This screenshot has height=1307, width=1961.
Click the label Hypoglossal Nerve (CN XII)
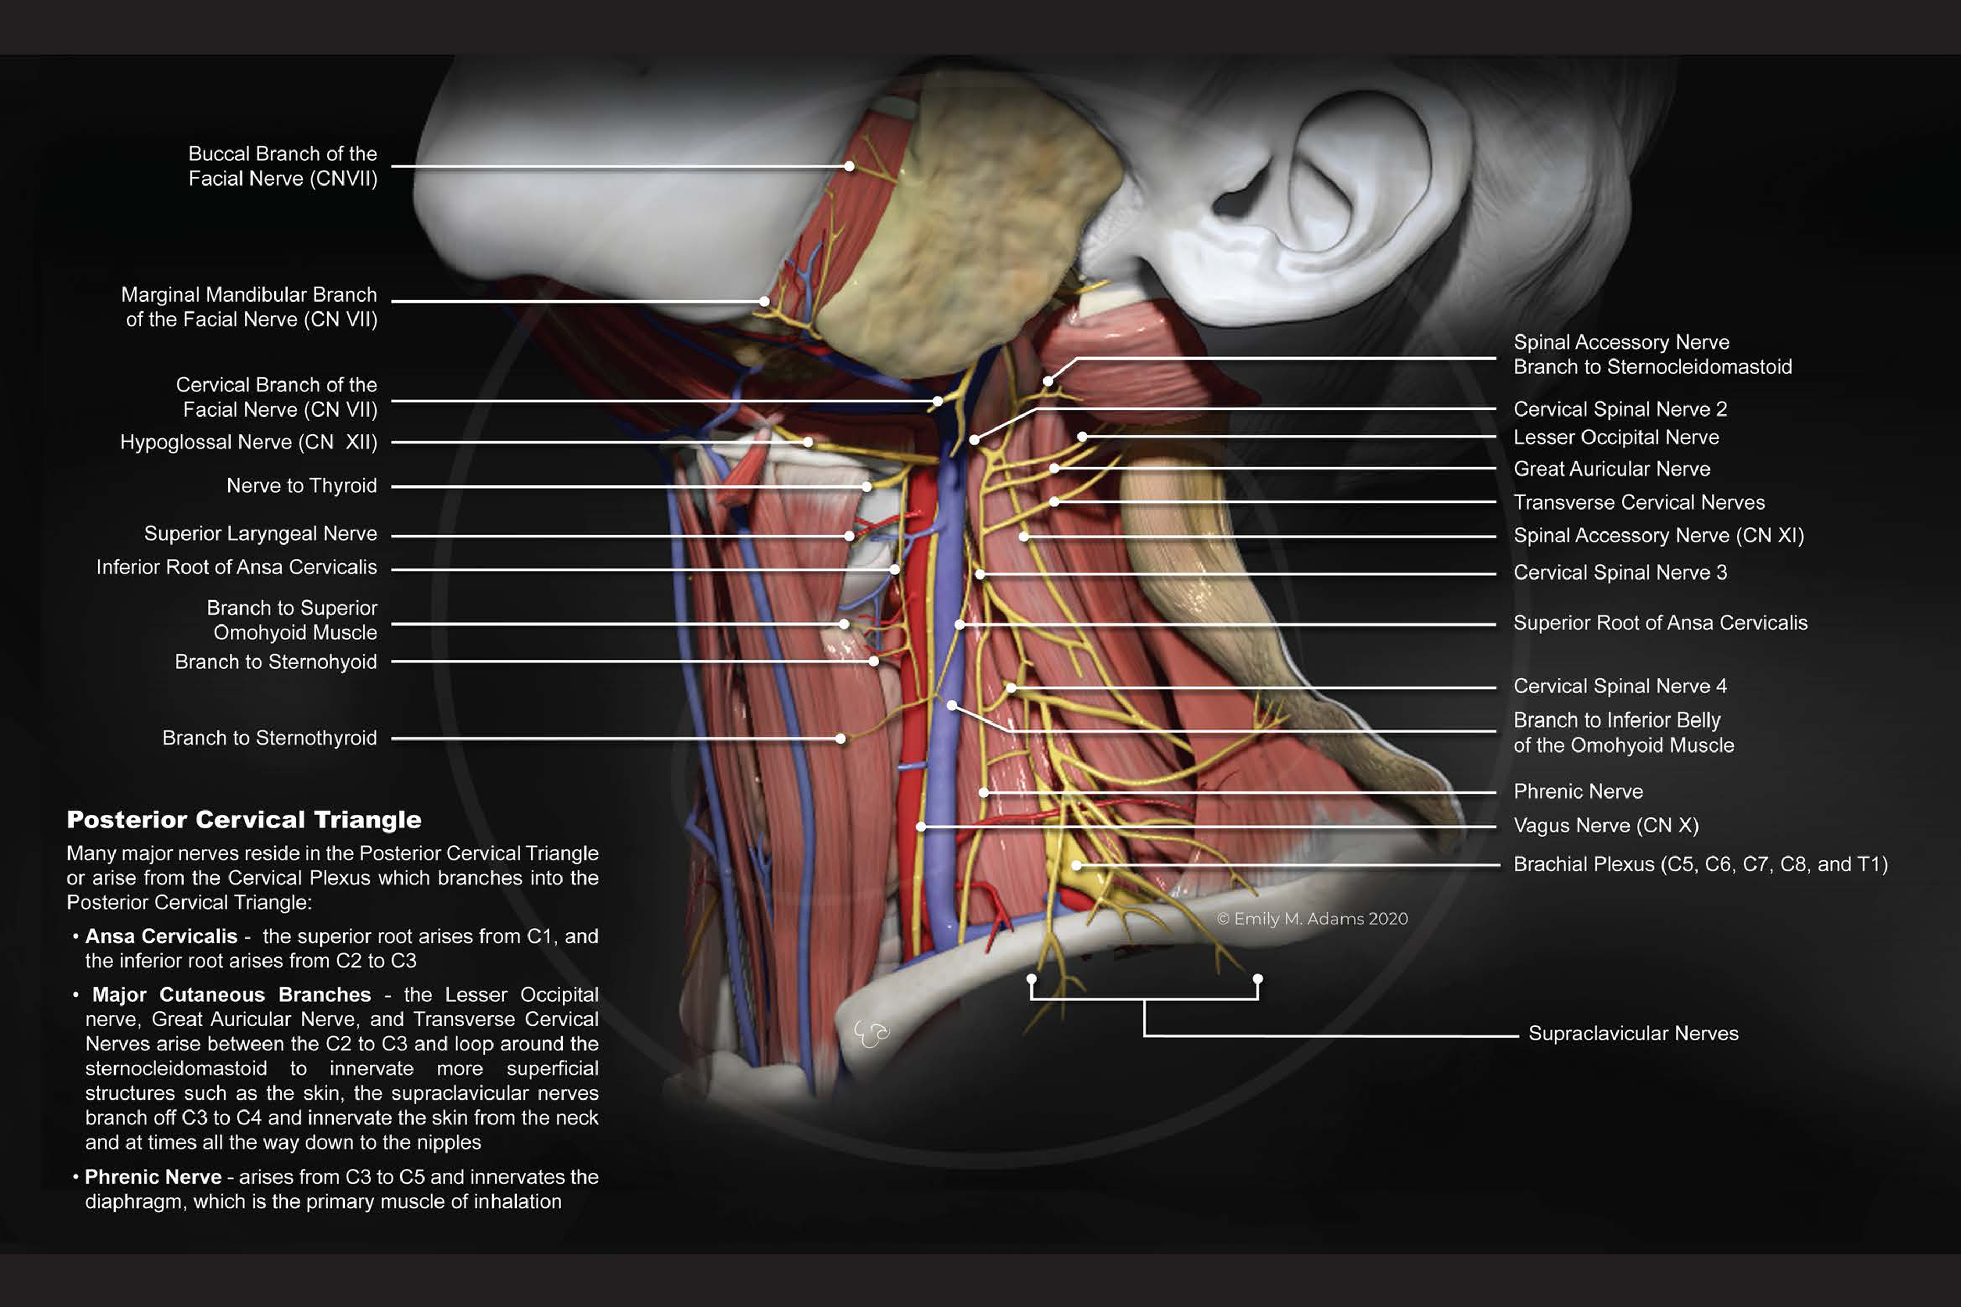(x=248, y=442)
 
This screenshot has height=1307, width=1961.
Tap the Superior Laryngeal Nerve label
(x=260, y=534)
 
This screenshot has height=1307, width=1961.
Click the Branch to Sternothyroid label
(x=269, y=738)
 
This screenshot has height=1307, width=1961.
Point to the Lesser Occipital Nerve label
(x=1616, y=437)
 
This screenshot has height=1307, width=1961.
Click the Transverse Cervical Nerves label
(x=1639, y=502)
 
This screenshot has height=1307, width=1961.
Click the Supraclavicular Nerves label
(x=1633, y=1034)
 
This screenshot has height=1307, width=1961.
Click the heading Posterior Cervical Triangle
(x=244, y=819)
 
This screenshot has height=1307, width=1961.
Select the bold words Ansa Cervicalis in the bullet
(x=161, y=936)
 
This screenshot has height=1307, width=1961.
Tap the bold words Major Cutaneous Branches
(x=231, y=994)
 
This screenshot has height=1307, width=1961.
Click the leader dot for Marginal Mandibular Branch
(x=764, y=301)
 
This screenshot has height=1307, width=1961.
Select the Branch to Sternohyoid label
(x=276, y=662)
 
